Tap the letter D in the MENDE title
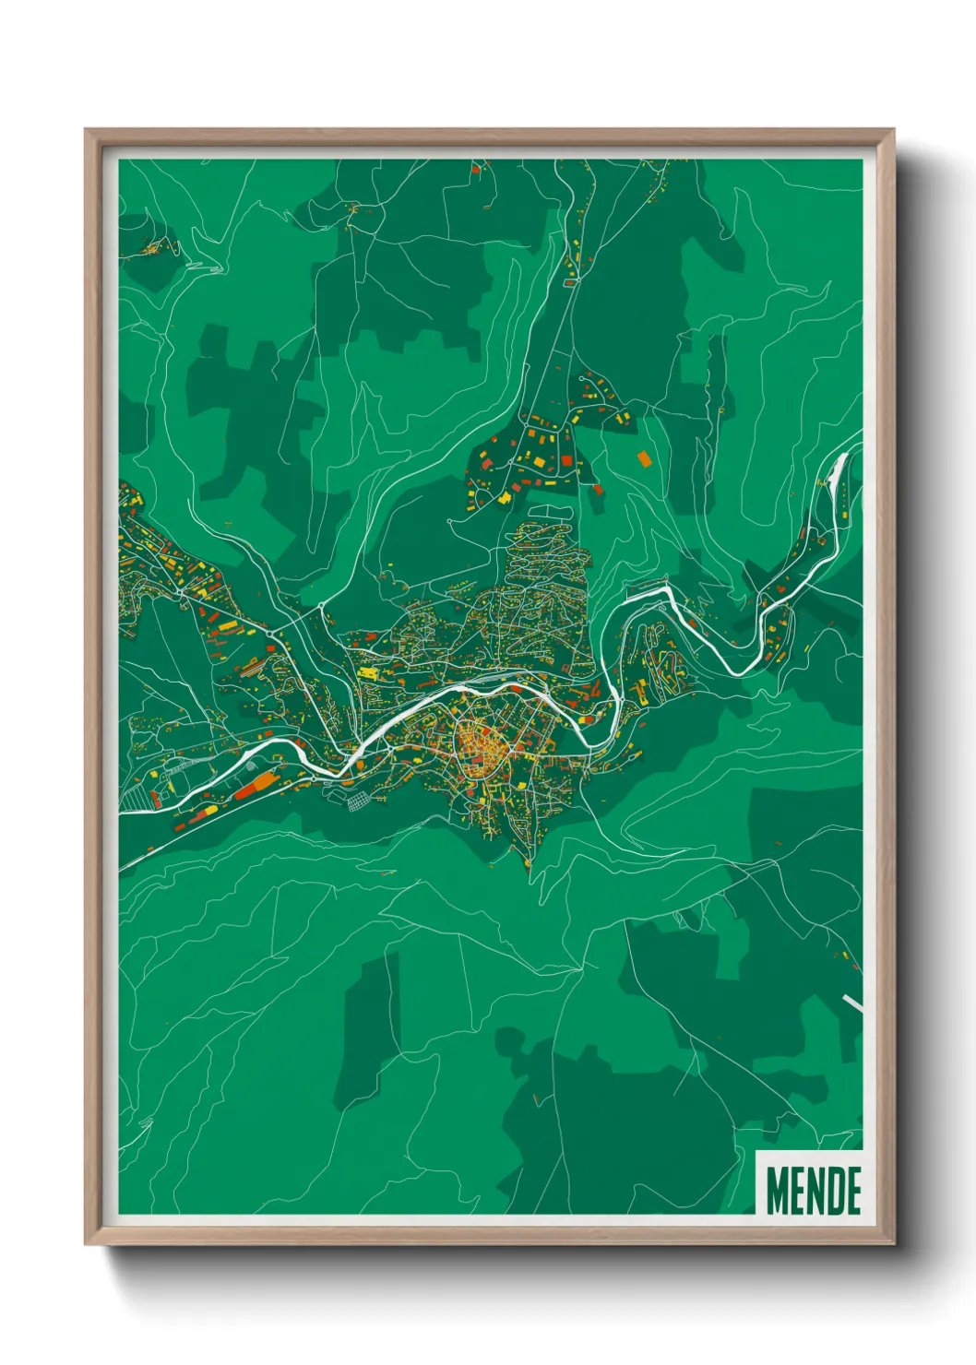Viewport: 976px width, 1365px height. (x=830, y=1191)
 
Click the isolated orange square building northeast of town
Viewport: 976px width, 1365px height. (x=643, y=457)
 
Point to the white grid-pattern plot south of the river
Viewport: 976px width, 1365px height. (x=357, y=801)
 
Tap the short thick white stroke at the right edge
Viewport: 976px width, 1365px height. (x=853, y=1003)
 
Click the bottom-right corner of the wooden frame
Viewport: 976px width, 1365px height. (x=893, y=1244)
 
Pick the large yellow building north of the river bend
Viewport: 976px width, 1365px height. (x=367, y=674)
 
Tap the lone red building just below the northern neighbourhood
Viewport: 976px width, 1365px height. (x=596, y=490)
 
